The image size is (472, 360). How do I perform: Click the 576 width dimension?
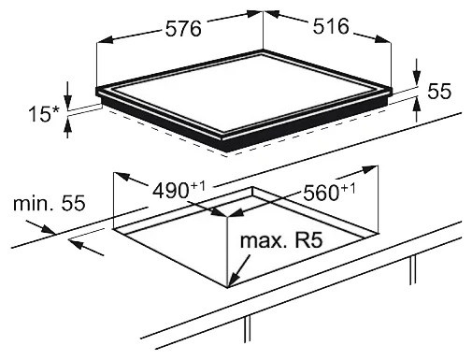[183, 29]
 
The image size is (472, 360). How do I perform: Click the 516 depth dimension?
[331, 26]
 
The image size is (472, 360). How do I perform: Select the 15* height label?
[44, 114]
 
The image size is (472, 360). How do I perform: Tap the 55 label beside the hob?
[439, 92]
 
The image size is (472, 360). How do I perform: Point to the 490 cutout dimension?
[170, 191]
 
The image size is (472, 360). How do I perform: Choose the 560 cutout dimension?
[322, 193]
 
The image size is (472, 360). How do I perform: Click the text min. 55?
[49, 203]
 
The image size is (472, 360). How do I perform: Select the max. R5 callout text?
[281, 240]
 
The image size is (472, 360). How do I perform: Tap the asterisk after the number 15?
[55, 110]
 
